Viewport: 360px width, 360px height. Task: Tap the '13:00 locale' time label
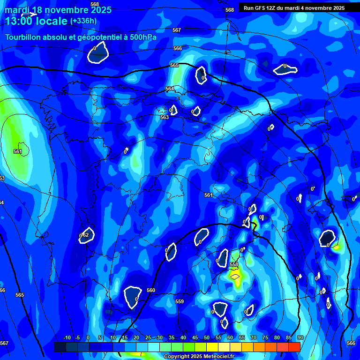tap(36, 21)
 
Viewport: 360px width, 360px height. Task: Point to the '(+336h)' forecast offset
tap(83, 21)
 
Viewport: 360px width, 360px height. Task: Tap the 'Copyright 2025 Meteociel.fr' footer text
tap(199, 356)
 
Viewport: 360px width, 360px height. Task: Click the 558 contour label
tap(234, 265)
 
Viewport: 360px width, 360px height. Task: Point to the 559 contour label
tap(180, 301)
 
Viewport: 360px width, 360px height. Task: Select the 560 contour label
tap(150, 290)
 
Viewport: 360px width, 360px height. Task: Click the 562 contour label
tap(85, 235)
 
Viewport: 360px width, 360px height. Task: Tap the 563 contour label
tap(165, 117)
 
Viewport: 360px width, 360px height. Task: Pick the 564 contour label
tap(170, 89)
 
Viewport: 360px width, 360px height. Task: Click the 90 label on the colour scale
tap(300, 337)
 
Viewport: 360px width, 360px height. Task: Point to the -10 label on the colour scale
tap(67, 337)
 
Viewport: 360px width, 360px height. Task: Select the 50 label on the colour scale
tap(207, 337)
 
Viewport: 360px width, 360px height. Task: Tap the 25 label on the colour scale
tap(148, 337)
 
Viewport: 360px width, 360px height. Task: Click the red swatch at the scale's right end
tap(294, 347)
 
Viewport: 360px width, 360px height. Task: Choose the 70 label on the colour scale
tap(254, 337)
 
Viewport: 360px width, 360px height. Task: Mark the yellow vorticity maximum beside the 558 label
tap(235, 276)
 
